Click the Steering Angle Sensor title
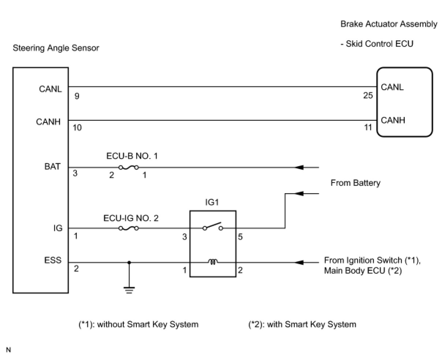click(x=56, y=48)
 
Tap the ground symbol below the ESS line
click(x=129, y=290)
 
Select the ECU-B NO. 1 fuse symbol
click(x=128, y=168)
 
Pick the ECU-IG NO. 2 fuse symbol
click(x=128, y=228)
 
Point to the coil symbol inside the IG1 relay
click(x=213, y=262)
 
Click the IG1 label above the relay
click(x=212, y=202)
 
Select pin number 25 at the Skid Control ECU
click(x=368, y=95)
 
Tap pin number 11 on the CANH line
click(x=368, y=127)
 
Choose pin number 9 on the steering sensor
click(x=77, y=97)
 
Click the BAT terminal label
click(x=52, y=167)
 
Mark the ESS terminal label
click(x=53, y=260)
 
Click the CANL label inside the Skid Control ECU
click(x=392, y=87)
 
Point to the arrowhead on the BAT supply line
click(x=299, y=168)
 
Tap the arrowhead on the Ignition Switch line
click(x=299, y=262)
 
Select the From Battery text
click(x=355, y=183)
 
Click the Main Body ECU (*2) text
click(x=363, y=271)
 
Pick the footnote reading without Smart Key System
click(x=139, y=324)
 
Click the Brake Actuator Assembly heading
click(x=389, y=24)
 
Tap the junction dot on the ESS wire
click(x=129, y=262)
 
